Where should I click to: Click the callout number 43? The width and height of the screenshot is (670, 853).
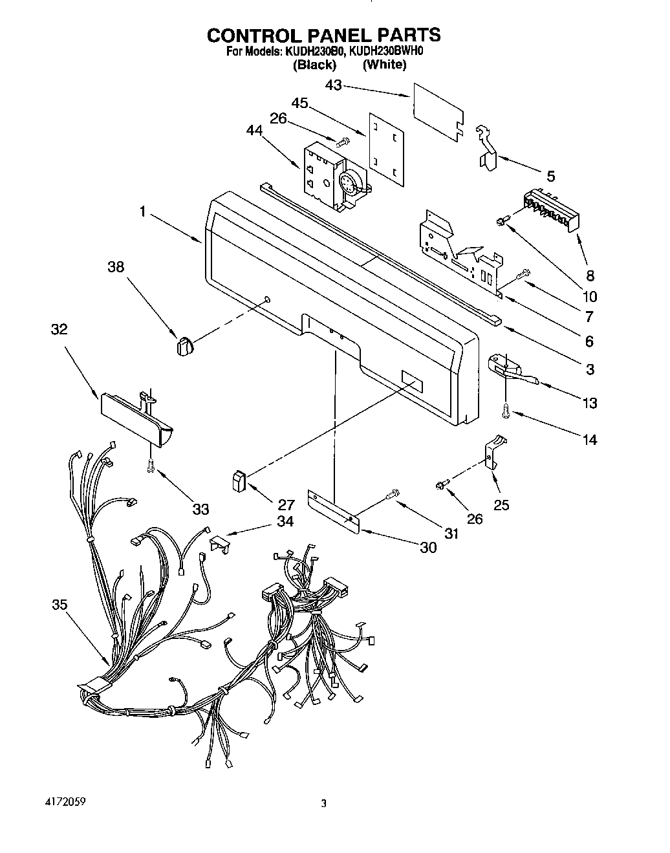(x=334, y=85)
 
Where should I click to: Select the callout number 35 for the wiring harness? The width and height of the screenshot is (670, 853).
(x=59, y=605)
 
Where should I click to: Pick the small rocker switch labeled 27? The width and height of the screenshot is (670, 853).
(x=237, y=482)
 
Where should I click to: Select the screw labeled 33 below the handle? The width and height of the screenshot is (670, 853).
(x=150, y=464)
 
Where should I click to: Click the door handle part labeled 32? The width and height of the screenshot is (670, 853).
(x=136, y=420)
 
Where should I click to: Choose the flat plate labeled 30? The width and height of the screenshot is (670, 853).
(x=333, y=512)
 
